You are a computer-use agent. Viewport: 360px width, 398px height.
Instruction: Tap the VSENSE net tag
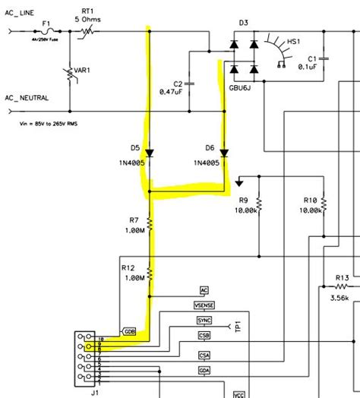click(204, 305)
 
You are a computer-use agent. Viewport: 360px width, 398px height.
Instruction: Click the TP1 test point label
click(237, 327)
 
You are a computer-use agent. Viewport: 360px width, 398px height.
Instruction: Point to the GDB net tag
click(129, 332)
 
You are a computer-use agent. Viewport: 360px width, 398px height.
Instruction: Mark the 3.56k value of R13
click(340, 298)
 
